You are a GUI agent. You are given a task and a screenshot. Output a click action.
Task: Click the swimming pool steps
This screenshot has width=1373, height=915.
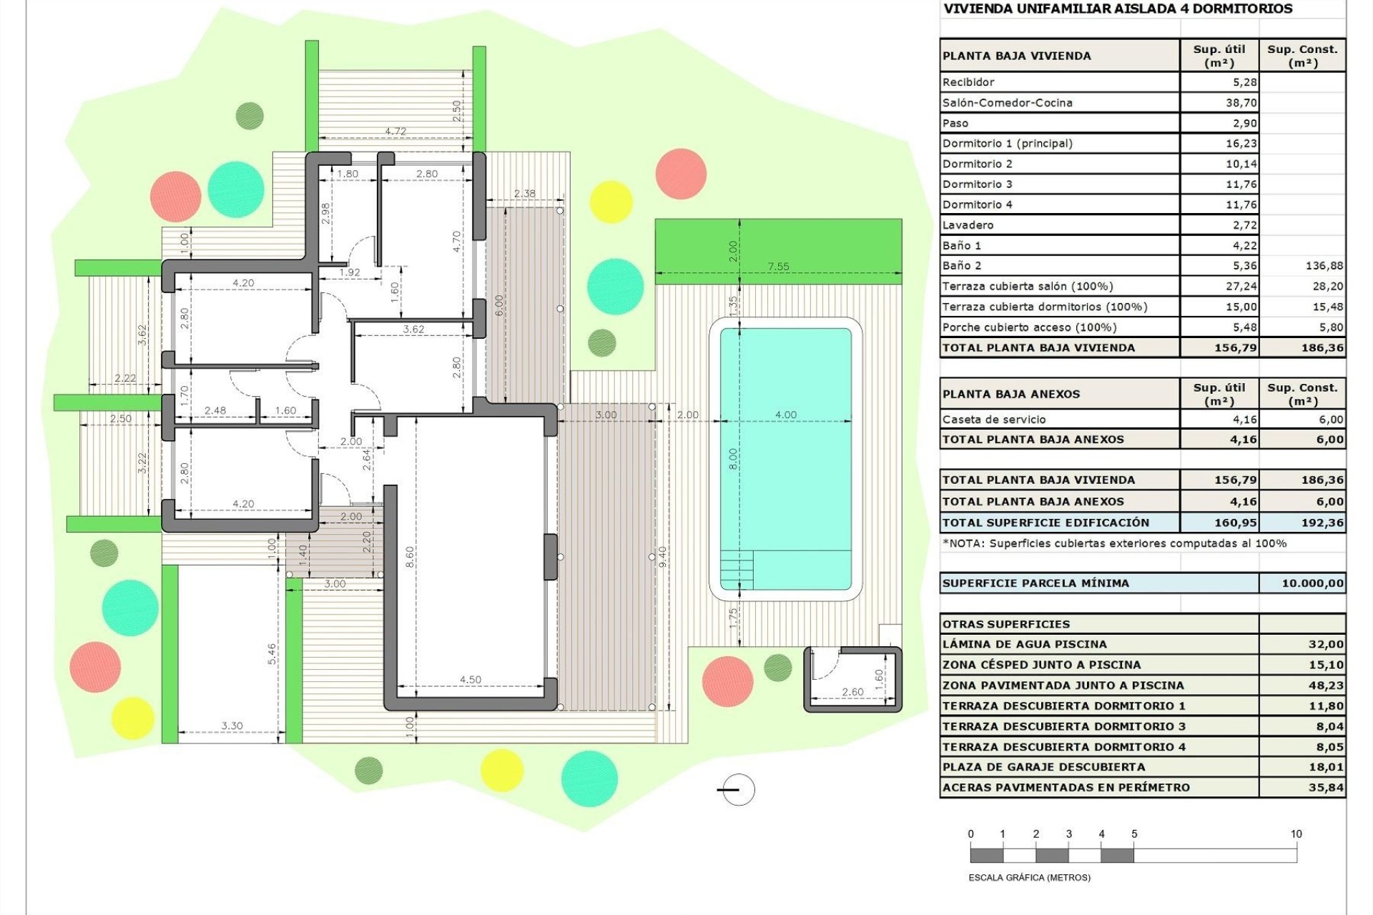tap(737, 569)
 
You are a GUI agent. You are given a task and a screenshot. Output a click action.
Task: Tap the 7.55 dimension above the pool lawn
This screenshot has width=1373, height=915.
tap(778, 267)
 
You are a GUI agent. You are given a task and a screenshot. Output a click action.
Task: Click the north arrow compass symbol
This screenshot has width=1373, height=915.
tap(737, 789)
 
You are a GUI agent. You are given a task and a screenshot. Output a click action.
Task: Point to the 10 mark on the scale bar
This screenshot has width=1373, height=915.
tap(1296, 834)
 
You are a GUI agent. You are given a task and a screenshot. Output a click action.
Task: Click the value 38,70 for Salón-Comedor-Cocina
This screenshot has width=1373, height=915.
tap(1241, 103)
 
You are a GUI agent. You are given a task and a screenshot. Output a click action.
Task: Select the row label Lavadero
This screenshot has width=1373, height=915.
tap(968, 225)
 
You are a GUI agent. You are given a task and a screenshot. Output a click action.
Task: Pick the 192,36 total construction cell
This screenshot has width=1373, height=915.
tap(1322, 523)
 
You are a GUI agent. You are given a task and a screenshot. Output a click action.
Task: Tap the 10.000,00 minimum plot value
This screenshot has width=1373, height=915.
tap(1312, 583)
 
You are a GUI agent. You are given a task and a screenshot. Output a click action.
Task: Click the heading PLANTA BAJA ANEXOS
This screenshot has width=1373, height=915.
tap(1011, 394)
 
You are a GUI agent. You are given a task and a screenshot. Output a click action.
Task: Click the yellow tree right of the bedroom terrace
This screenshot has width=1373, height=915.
tap(611, 202)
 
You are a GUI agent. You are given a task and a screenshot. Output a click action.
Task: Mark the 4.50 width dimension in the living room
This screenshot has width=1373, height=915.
tap(470, 680)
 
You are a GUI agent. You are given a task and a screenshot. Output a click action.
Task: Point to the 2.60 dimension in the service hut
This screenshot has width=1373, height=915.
tap(852, 692)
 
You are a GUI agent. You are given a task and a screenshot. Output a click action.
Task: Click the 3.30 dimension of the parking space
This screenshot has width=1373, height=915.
tap(232, 726)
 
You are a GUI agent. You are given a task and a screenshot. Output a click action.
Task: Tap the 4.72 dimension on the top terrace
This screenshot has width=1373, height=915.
tap(395, 132)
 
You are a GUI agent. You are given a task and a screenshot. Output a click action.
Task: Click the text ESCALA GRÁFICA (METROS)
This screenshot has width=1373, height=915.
tap(1029, 877)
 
